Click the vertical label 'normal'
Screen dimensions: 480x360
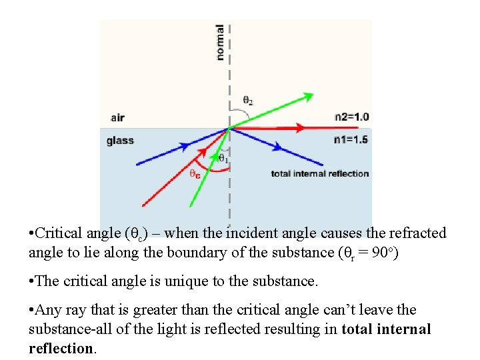pyautogui.click(x=220, y=43)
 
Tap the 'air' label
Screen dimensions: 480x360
pyautogui.click(x=117, y=118)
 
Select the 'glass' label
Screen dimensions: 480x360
pyautogui.click(x=120, y=141)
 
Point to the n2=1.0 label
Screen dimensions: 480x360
pyautogui.click(x=351, y=117)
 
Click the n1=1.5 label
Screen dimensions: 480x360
pyautogui.click(x=351, y=140)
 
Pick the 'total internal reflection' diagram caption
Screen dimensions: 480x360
pyautogui.click(x=320, y=174)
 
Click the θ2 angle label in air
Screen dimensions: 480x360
pyautogui.click(x=247, y=101)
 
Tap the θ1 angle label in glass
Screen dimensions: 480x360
pyautogui.click(x=223, y=159)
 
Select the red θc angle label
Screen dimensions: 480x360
pyautogui.click(x=195, y=174)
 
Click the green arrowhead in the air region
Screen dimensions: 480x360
pyautogui.click(x=307, y=96)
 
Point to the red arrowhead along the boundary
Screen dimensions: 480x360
pyautogui.click(x=299, y=128)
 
